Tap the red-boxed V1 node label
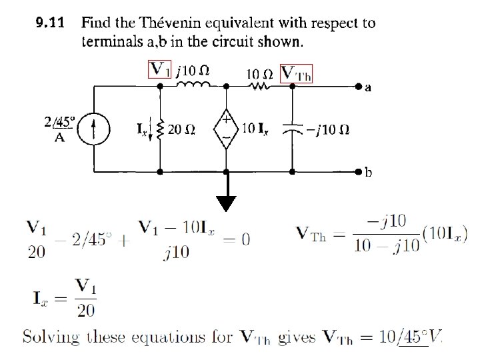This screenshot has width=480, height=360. (x=161, y=69)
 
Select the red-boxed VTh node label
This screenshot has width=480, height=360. (x=297, y=73)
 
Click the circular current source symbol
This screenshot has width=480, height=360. (x=93, y=129)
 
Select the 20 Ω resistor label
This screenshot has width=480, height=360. (x=181, y=130)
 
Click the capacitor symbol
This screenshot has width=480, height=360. (x=292, y=129)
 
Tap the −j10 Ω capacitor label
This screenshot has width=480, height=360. (x=327, y=129)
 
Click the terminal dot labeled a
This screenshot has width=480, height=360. (x=359, y=87)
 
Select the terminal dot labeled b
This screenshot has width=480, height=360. (x=359, y=171)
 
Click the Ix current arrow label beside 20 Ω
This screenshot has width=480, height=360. (x=143, y=129)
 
